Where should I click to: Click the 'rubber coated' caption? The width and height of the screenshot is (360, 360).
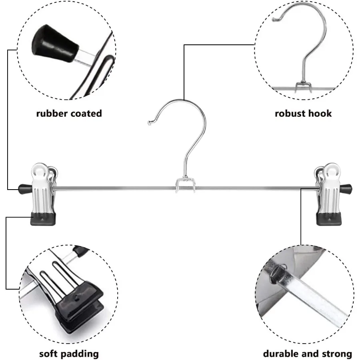pyautogui.click(x=69, y=113)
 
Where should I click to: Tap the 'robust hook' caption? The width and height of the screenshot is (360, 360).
pyautogui.click(x=303, y=113)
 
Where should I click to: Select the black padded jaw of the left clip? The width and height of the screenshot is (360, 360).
pyautogui.click(x=43, y=219)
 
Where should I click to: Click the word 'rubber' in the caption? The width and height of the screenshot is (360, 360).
pyautogui.click(x=52, y=113)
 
